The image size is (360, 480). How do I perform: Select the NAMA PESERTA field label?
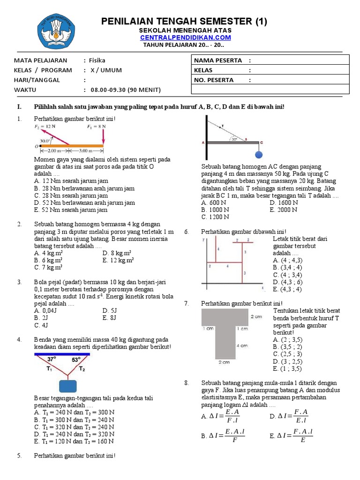pos(218,60)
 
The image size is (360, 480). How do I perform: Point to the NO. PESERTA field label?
pos(213,80)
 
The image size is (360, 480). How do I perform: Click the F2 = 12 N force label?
pos(44,127)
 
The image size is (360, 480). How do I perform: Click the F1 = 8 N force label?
pos(96,127)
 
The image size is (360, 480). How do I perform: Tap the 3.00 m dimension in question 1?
pos(86,151)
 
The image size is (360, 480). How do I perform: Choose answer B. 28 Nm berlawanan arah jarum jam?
pos(84,188)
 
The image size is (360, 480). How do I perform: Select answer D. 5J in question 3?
pos(108,310)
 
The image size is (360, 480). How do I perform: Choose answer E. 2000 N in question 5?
pos(284,210)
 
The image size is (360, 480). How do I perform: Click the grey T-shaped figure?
pos(225,335)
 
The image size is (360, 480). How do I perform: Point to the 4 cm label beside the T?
pos(241,345)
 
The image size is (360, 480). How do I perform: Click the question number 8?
pos(187,383)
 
